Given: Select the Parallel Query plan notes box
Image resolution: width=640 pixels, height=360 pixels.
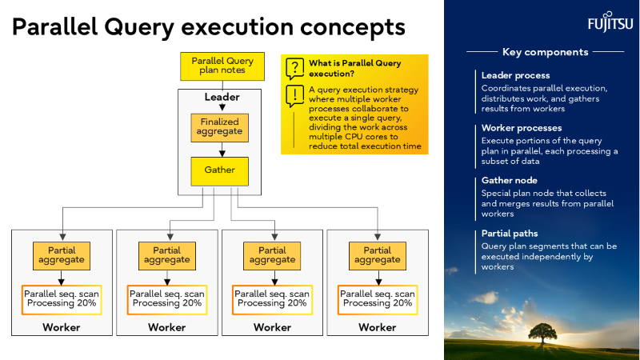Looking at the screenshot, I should [x=222, y=66].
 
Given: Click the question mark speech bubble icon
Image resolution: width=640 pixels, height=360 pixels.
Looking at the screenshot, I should [x=294, y=69].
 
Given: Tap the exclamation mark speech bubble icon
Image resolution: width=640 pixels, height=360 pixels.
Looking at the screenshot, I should [x=294, y=96].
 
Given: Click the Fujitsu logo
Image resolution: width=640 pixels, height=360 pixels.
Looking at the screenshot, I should [x=600, y=21].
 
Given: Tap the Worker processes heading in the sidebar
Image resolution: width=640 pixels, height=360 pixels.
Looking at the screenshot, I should [x=522, y=128].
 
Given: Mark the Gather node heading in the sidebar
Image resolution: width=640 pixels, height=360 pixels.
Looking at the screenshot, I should [x=510, y=181].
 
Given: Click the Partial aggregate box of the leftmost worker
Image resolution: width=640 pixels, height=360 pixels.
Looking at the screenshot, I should [x=62, y=255].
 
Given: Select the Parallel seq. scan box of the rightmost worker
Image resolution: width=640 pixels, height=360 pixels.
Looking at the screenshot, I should [x=377, y=299].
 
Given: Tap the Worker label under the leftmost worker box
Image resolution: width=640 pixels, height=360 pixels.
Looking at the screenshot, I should [x=62, y=327].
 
